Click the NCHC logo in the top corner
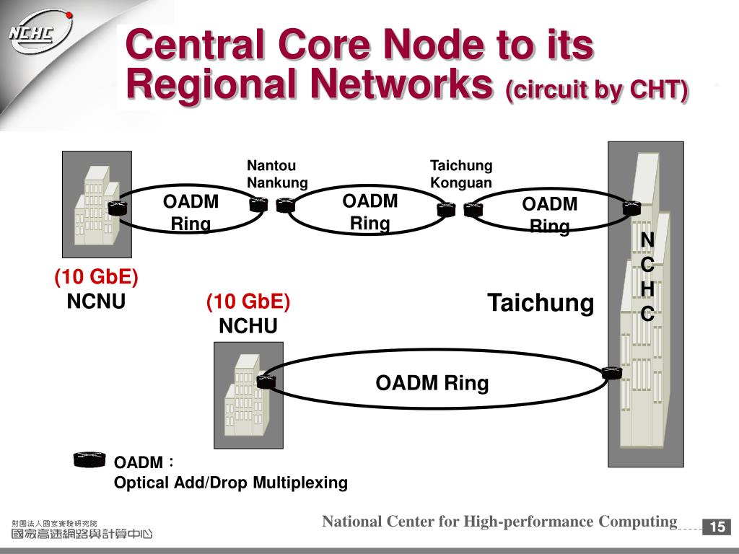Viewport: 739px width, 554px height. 40,33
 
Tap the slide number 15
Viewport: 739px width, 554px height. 717,526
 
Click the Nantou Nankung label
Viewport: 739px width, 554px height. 277,174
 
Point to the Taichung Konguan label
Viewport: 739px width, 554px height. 461,174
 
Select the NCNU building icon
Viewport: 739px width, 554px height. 97,204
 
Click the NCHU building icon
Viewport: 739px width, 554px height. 248,395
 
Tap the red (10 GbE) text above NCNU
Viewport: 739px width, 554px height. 96,276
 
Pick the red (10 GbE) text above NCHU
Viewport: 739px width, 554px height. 248,302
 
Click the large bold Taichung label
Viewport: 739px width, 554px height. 541,303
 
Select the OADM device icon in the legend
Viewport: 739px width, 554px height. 89,460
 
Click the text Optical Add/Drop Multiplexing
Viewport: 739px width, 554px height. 231,483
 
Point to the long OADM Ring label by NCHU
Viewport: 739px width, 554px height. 432,382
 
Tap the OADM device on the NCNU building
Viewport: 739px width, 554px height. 118,207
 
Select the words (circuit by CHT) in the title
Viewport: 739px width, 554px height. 597,90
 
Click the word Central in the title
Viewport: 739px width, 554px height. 194,44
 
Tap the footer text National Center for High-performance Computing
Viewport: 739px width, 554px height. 499,522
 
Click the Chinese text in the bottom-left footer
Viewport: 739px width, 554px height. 82,530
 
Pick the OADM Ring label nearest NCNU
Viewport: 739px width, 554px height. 191,212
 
